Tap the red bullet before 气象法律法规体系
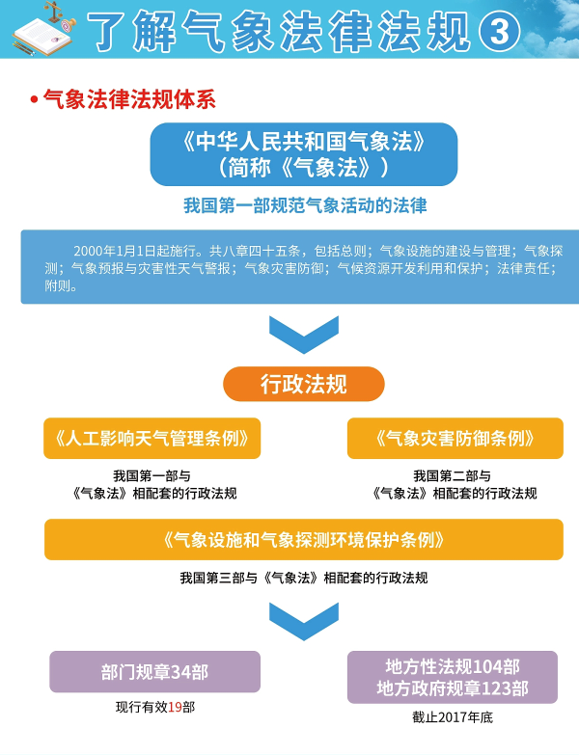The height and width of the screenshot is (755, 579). (34, 98)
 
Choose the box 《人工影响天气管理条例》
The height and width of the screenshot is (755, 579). (152, 438)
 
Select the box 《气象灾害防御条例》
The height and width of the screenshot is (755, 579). (455, 438)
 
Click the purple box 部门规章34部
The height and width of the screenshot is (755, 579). (154, 671)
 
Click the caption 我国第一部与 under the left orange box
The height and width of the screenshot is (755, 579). (152, 475)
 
